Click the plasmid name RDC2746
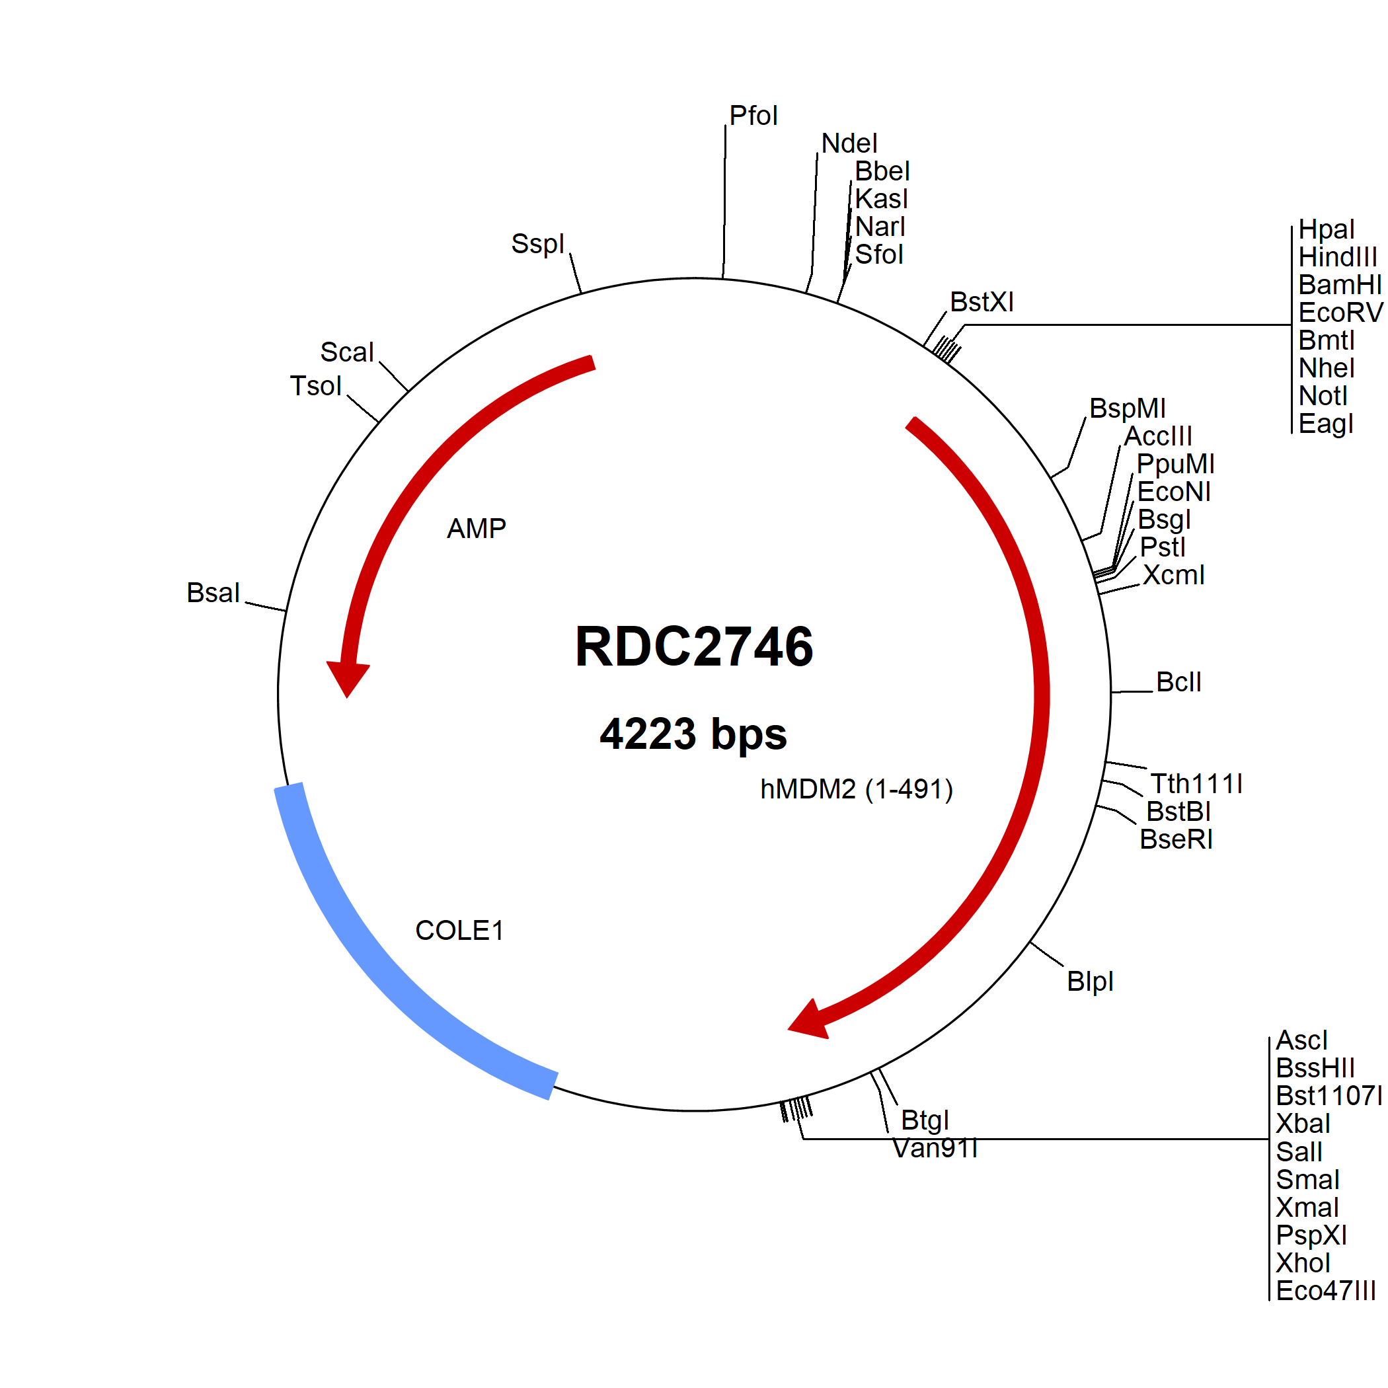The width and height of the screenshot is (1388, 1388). coord(694,646)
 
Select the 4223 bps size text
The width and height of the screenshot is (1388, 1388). coord(693,734)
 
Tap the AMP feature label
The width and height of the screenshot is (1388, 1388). coord(477,529)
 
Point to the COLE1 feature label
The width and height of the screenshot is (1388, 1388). coord(459,931)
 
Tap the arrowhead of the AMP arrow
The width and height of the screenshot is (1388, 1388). coord(348,678)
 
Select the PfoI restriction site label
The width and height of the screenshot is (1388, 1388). coord(753,116)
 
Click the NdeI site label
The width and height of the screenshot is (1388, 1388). coord(849,143)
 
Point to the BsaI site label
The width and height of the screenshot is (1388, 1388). coord(213,593)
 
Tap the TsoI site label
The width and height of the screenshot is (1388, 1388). coord(315,386)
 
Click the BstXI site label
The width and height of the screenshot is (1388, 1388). coord(982,302)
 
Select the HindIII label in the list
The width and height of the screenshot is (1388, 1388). coord(1338,257)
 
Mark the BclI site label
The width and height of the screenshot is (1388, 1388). coord(1178,682)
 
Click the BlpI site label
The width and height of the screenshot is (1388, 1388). coord(1090,982)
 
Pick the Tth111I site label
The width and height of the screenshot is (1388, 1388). coord(1196,783)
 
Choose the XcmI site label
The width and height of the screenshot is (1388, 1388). coord(1173,575)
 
